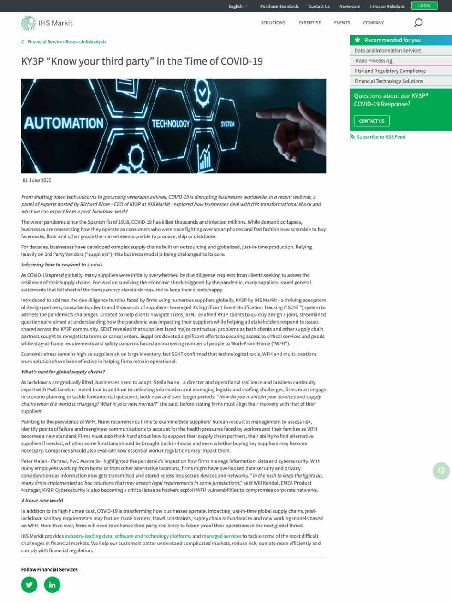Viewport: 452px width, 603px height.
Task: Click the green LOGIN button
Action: point(424,6)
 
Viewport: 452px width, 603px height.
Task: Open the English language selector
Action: point(238,6)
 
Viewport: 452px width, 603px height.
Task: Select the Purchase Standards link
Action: point(279,6)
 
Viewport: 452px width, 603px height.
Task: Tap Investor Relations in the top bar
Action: point(387,6)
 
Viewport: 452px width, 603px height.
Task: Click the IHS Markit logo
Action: point(47,23)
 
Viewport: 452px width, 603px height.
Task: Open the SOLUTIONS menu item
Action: point(273,23)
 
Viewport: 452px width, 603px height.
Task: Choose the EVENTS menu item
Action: point(342,23)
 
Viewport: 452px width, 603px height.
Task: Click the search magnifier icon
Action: point(418,23)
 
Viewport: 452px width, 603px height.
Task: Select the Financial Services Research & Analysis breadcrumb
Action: point(66,42)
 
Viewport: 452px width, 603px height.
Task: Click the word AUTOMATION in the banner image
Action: point(64,123)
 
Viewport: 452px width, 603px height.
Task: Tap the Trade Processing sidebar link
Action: point(373,61)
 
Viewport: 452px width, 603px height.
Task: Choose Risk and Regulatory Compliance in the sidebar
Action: point(390,71)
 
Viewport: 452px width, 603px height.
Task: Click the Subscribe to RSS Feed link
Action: point(381,137)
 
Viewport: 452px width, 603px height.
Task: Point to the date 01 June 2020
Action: point(37,180)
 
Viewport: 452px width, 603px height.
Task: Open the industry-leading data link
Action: point(88,536)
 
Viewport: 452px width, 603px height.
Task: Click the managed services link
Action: point(221,536)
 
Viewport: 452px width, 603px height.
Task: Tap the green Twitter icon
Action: point(29,585)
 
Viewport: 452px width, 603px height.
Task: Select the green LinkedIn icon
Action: point(52,585)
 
